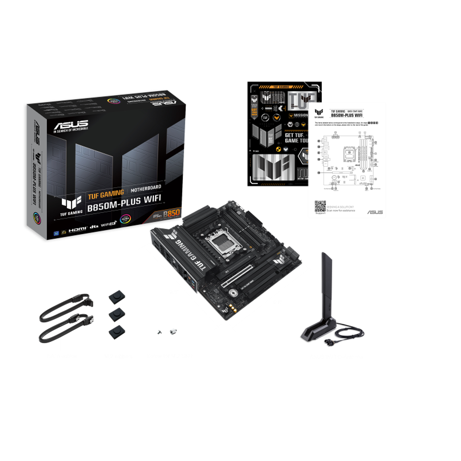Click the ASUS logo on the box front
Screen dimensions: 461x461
tap(71, 125)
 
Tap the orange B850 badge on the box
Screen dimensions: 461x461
tap(171, 213)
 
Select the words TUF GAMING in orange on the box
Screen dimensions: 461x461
tap(106, 194)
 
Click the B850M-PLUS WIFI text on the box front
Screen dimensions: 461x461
tap(124, 203)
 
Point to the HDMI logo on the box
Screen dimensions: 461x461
tap(78, 229)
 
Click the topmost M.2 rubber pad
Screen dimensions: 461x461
tap(117, 297)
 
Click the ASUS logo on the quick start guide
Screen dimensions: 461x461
tap(375, 212)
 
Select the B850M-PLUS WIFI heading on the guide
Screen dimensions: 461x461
tap(346, 115)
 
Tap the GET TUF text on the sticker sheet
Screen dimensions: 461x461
tap(294, 135)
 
